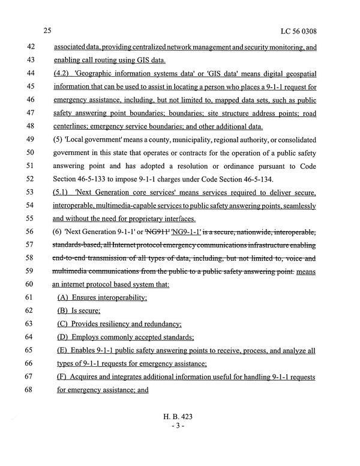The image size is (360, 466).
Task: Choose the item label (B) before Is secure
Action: click(62, 311)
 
